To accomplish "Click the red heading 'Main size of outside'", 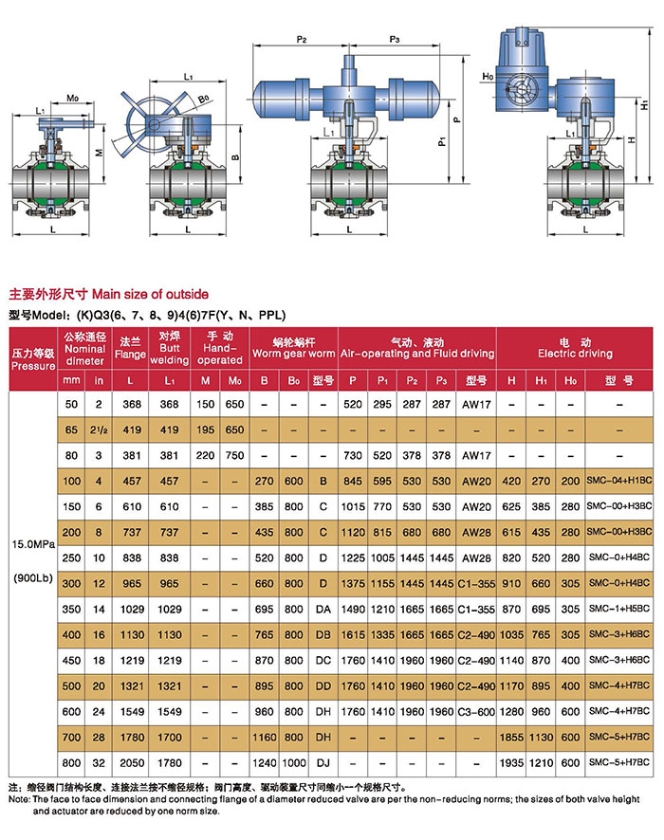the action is [150, 294].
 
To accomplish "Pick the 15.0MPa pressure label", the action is [33, 544].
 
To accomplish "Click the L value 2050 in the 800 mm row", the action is [132, 763].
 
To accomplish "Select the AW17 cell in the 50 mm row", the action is [476, 405].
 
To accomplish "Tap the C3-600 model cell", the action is [476, 712].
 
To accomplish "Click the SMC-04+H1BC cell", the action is [619, 481].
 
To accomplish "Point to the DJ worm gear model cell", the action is [323, 763].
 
